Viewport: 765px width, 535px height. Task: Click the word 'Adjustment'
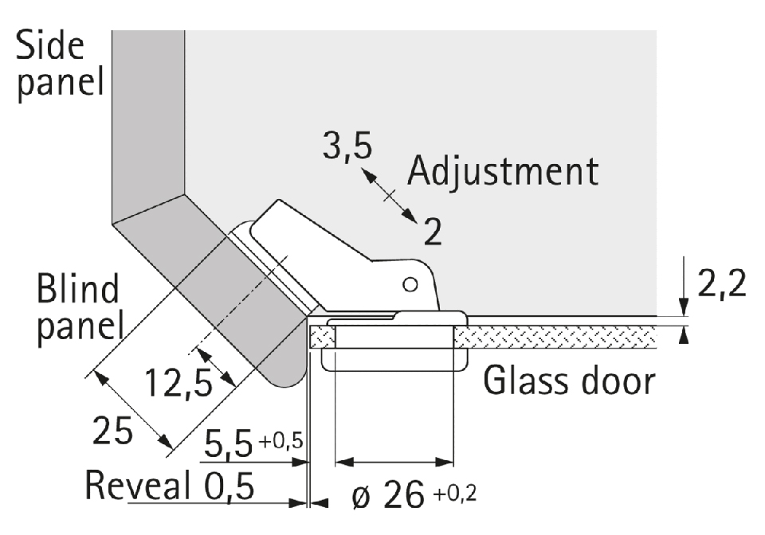[x=502, y=171]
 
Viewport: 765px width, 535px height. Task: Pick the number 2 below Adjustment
[x=433, y=232]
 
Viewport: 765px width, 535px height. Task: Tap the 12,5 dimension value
[x=178, y=385]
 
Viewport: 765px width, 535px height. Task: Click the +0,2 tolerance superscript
[x=457, y=494]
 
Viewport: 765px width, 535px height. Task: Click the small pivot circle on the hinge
[x=410, y=283]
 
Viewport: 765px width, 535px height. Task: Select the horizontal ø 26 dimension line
[x=394, y=461]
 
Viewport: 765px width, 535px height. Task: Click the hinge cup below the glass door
[x=394, y=358]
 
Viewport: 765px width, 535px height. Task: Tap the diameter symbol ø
[x=361, y=498]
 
